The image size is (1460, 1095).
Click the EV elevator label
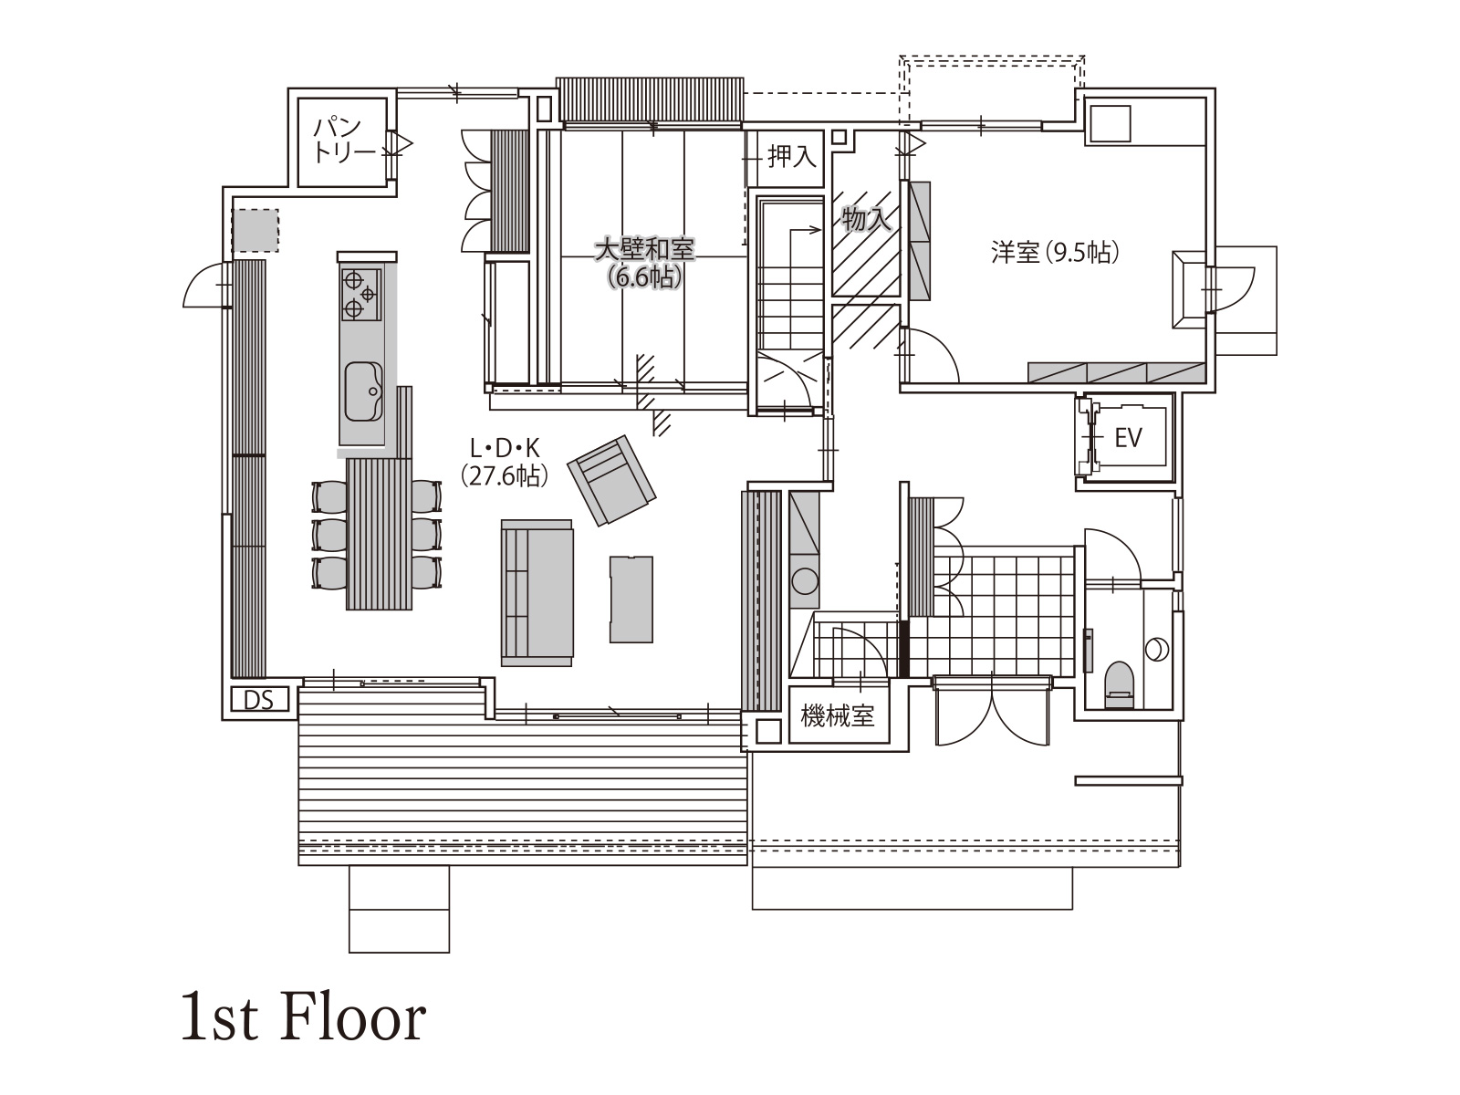1128,437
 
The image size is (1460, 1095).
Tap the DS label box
259,699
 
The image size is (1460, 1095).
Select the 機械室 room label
838,716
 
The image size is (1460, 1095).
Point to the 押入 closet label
792,157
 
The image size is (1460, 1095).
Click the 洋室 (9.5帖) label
1055,253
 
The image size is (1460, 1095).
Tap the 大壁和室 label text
644,249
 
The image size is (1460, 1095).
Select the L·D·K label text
505,450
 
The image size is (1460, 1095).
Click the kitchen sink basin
363,391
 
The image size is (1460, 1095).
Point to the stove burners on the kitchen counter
360,295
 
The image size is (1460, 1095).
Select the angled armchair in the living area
612,480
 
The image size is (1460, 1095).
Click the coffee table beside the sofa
631,599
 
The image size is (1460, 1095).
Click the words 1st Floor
303,1017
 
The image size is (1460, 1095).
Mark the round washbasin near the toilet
1157,649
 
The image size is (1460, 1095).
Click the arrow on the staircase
804,231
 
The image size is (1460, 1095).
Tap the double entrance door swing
993,711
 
